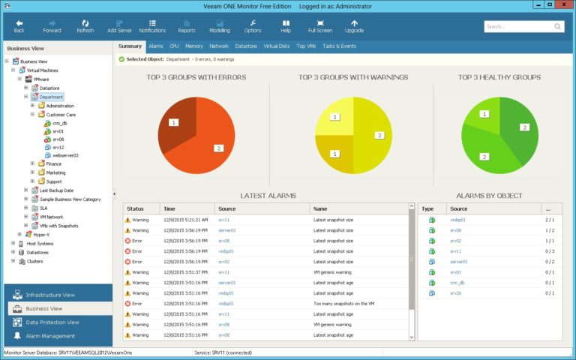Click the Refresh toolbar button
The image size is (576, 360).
85,26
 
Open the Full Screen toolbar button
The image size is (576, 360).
320,26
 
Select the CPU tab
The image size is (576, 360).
174,46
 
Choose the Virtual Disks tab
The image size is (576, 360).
276,46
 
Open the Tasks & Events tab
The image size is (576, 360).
339,46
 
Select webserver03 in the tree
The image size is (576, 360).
65,155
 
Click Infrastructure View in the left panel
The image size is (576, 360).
50,295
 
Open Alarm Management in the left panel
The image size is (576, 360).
50,335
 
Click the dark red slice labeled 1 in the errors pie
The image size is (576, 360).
174,121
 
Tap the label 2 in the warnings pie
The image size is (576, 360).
379,136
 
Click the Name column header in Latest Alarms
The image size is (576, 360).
320,208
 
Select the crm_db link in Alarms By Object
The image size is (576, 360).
457,283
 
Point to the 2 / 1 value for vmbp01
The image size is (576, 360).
550,220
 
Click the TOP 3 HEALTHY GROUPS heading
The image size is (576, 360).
499,76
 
